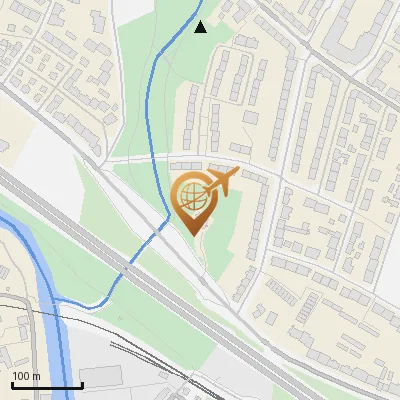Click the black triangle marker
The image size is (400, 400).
click(x=201, y=27)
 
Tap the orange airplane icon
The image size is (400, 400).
click(x=222, y=182)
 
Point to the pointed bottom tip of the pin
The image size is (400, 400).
click(x=191, y=234)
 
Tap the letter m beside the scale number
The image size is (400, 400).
click(x=35, y=375)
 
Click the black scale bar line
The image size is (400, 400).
click(x=47, y=385)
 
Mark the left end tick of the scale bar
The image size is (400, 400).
click(x=12, y=383)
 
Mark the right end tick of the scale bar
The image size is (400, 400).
click(x=82, y=383)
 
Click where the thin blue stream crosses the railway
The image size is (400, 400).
click(x=128, y=268)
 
